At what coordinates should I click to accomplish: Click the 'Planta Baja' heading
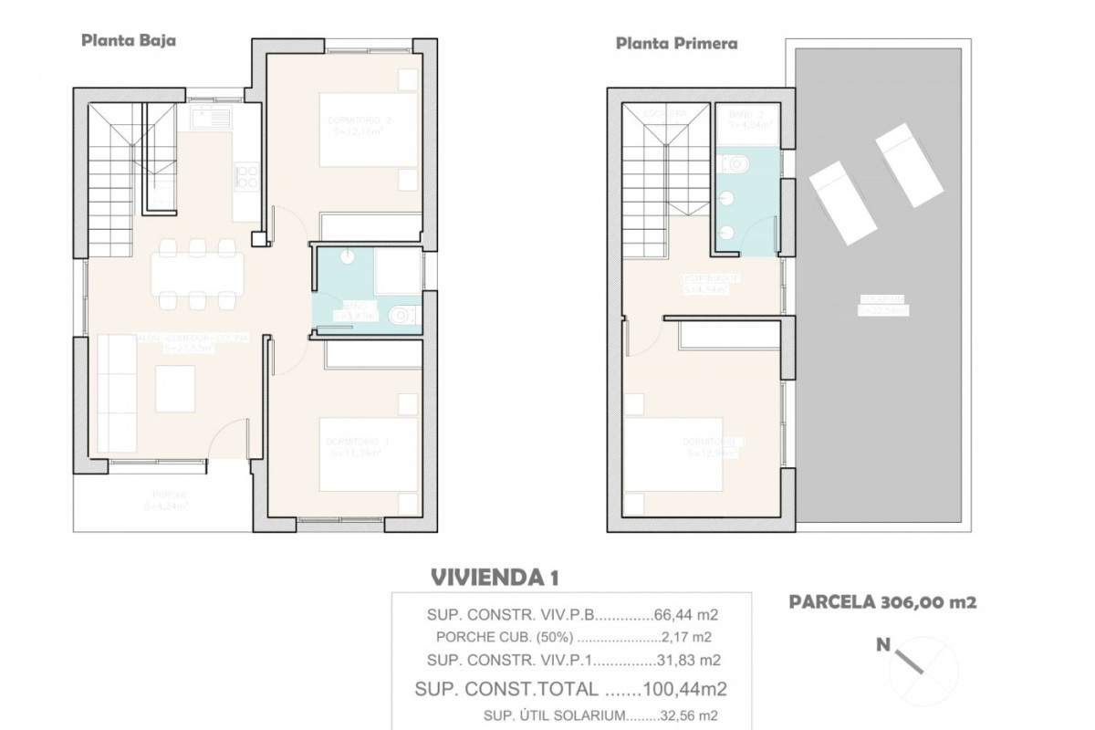pos(129,40)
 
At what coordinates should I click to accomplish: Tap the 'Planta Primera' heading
pos(676,43)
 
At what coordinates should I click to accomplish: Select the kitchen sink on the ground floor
pos(211,117)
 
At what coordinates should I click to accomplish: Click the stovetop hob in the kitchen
pos(245,176)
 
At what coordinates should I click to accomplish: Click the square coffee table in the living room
pos(175,389)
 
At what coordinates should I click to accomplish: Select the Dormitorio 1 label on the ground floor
pos(358,446)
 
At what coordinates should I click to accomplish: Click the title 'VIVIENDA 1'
pos(493,577)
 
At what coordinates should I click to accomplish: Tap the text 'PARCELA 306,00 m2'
pos(882,602)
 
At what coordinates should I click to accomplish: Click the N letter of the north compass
pos(883,645)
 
